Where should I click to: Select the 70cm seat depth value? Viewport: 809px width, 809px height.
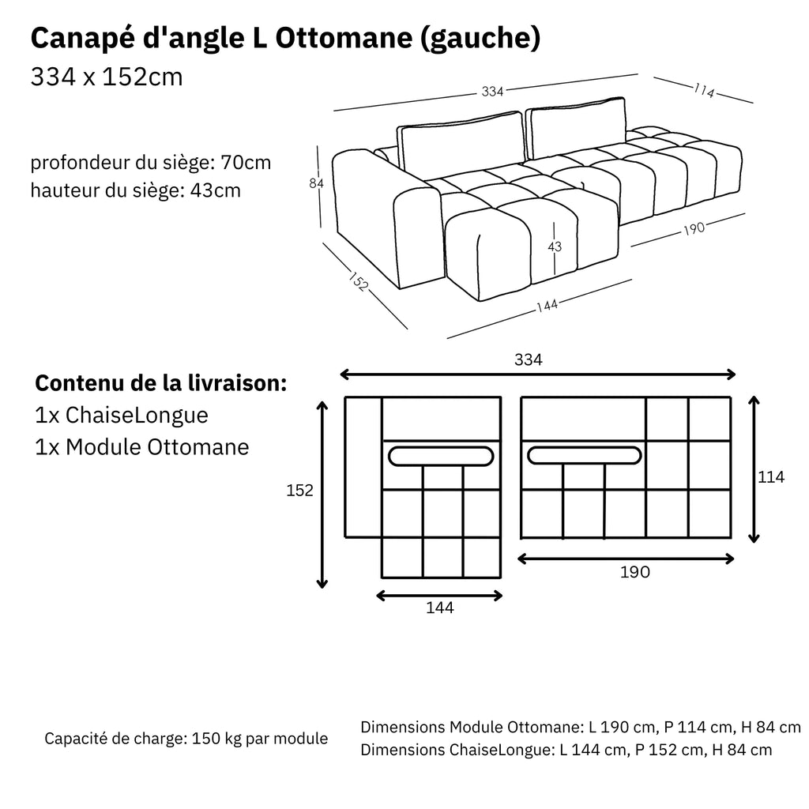[246, 164]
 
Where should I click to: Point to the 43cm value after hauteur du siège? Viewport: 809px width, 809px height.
[216, 190]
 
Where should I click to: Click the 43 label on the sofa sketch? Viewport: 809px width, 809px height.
[555, 246]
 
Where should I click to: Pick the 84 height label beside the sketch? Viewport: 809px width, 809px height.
[317, 183]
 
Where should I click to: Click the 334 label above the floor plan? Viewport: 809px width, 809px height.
[528, 359]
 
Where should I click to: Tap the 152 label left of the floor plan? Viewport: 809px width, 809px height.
[299, 491]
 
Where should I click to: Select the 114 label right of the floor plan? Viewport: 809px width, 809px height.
[770, 476]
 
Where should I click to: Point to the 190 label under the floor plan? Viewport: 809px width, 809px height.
[634, 572]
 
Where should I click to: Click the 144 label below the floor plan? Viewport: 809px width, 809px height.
[440, 608]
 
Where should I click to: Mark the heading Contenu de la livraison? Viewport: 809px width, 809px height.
[160, 384]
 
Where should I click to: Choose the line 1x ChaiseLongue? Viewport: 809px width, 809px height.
[122, 416]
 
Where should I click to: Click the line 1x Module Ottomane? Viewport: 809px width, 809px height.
[142, 447]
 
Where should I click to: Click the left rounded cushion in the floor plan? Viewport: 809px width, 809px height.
[442, 456]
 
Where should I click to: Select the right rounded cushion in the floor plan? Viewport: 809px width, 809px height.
[584, 455]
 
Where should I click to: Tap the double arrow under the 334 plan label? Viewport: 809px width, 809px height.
[537, 375]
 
